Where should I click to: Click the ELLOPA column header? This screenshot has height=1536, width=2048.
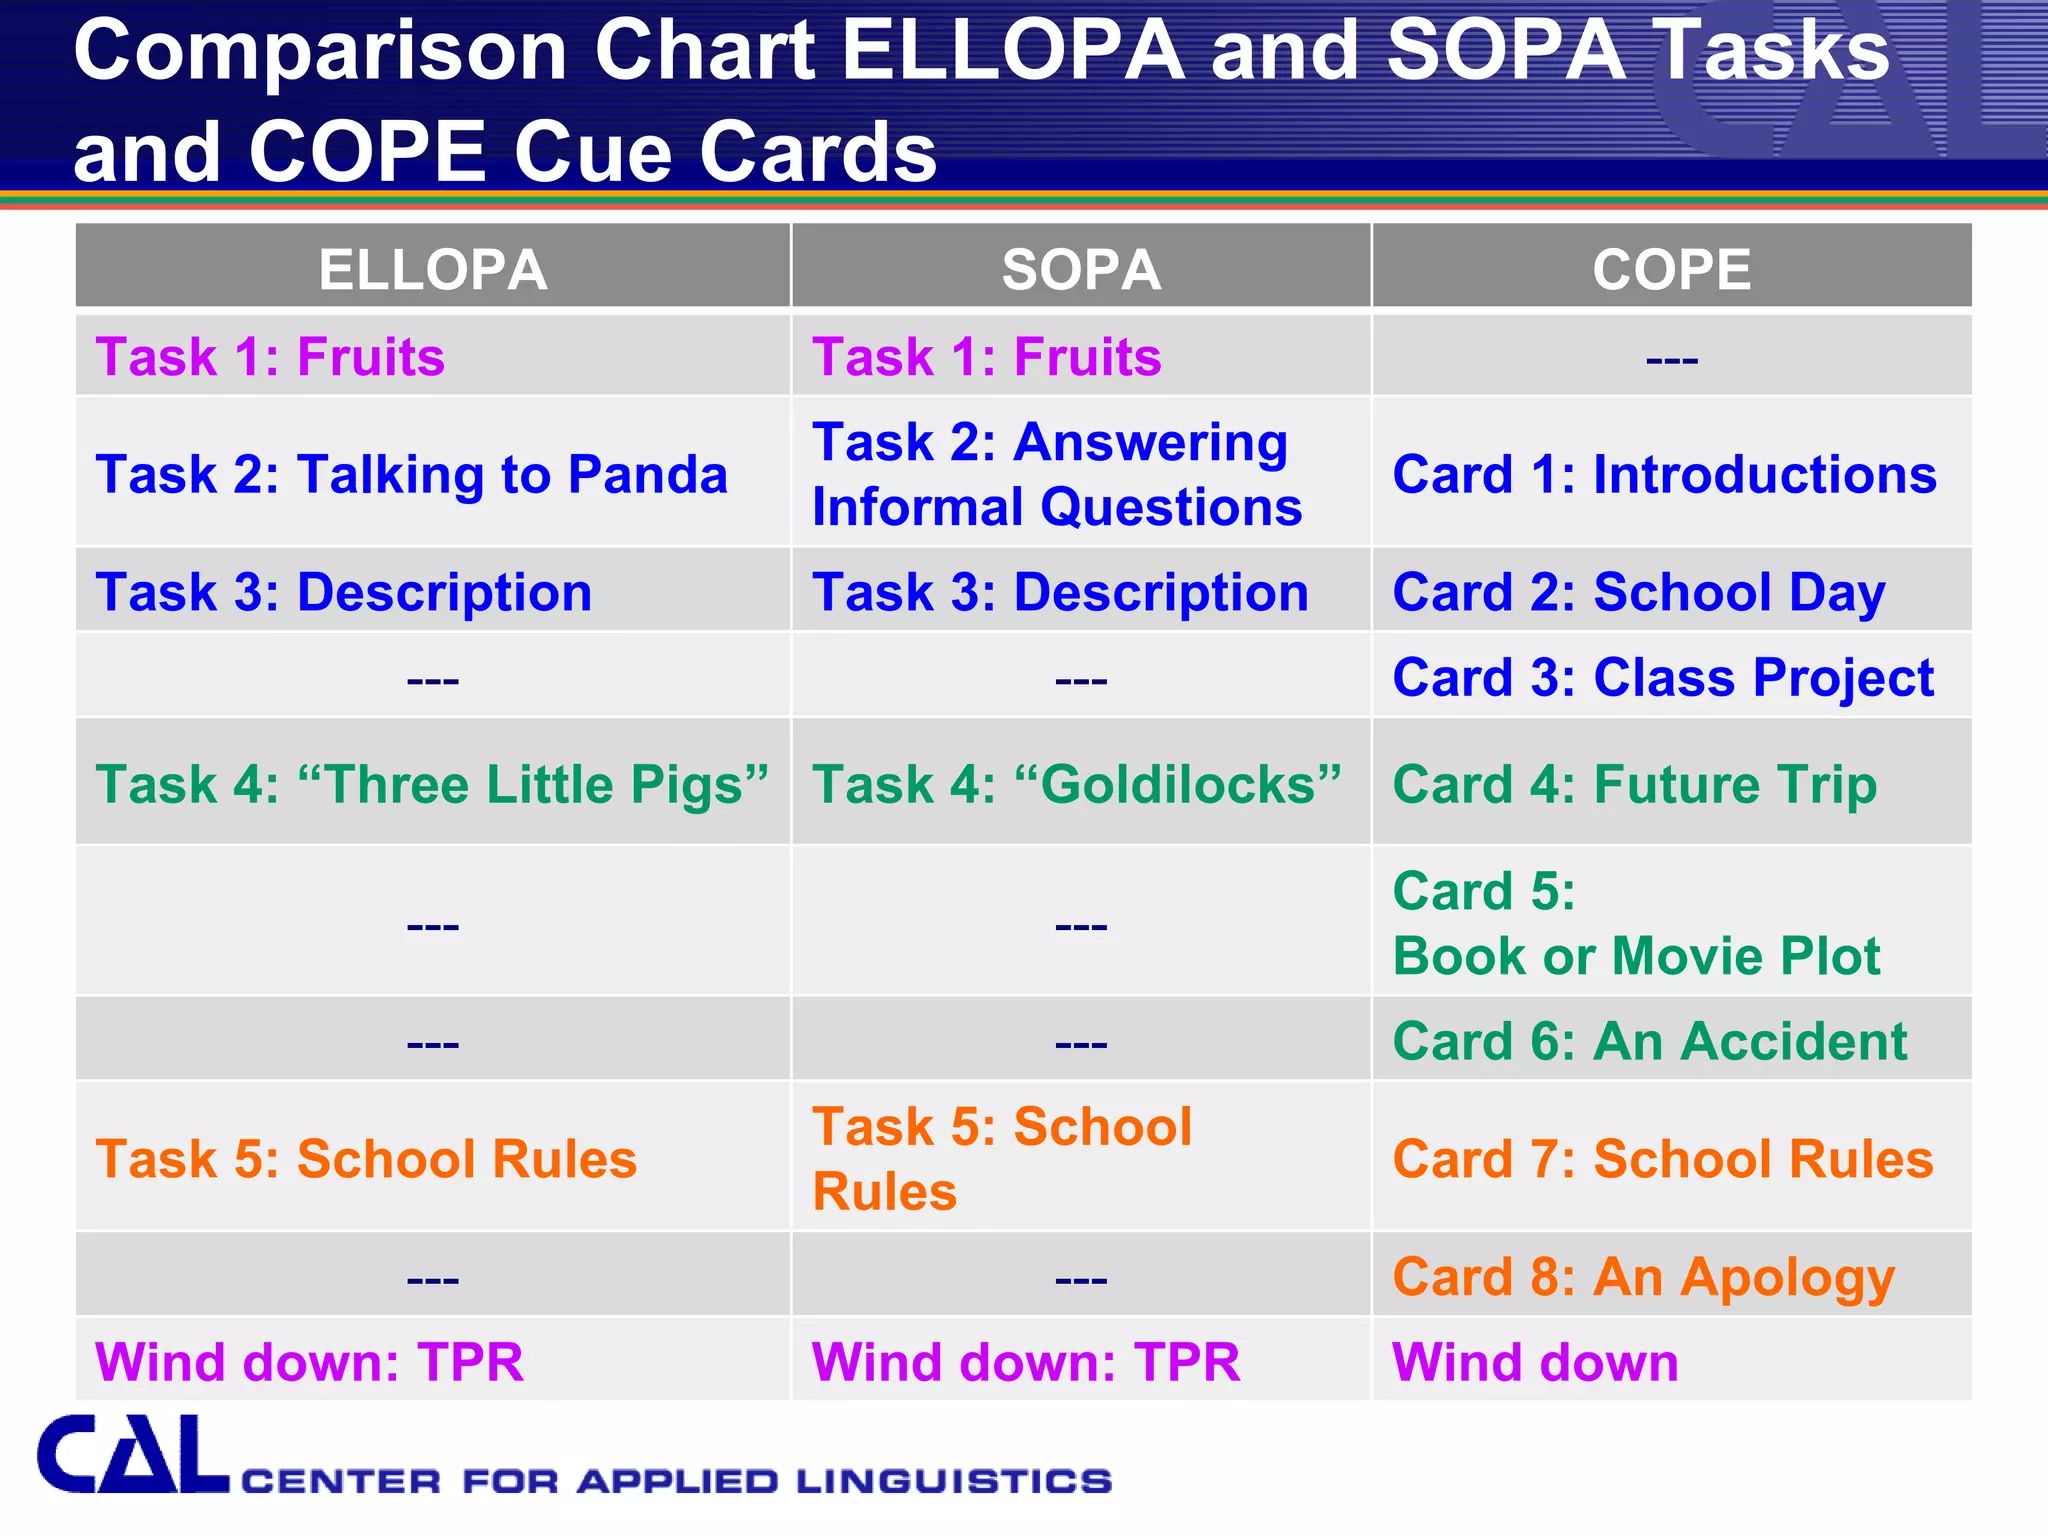tap(433, 269)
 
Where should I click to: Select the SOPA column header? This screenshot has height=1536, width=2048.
tap(1081, 269)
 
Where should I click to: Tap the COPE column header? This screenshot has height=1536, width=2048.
tap(1671, 269)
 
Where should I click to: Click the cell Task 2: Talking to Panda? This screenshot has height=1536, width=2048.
tap(412, 474)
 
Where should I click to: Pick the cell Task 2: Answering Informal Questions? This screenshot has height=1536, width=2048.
tap(1057, 474)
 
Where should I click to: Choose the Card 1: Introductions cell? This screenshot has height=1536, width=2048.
tap(1664, 474)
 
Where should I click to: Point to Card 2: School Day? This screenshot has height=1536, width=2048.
tap(1639, 592)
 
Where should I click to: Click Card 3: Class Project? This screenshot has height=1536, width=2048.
tap(1663, 678)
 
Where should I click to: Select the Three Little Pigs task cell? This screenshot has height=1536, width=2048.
tap(432, 784)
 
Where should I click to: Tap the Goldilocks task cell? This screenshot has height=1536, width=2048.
tap(1076, 784)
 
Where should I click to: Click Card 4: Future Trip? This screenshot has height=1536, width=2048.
tap(1635, 784)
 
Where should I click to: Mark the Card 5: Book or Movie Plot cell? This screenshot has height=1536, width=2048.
tap(1636, 923)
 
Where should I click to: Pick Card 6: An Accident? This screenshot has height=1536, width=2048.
tap(1650, 1041)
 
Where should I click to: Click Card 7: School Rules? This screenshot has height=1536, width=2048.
tap(1663, 1159)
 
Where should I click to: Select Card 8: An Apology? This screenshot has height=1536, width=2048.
tap(1643, 1277)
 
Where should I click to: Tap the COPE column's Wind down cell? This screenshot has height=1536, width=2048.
tap(1535, 1362)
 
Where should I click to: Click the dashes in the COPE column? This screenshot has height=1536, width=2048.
tap(1671, 358)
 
